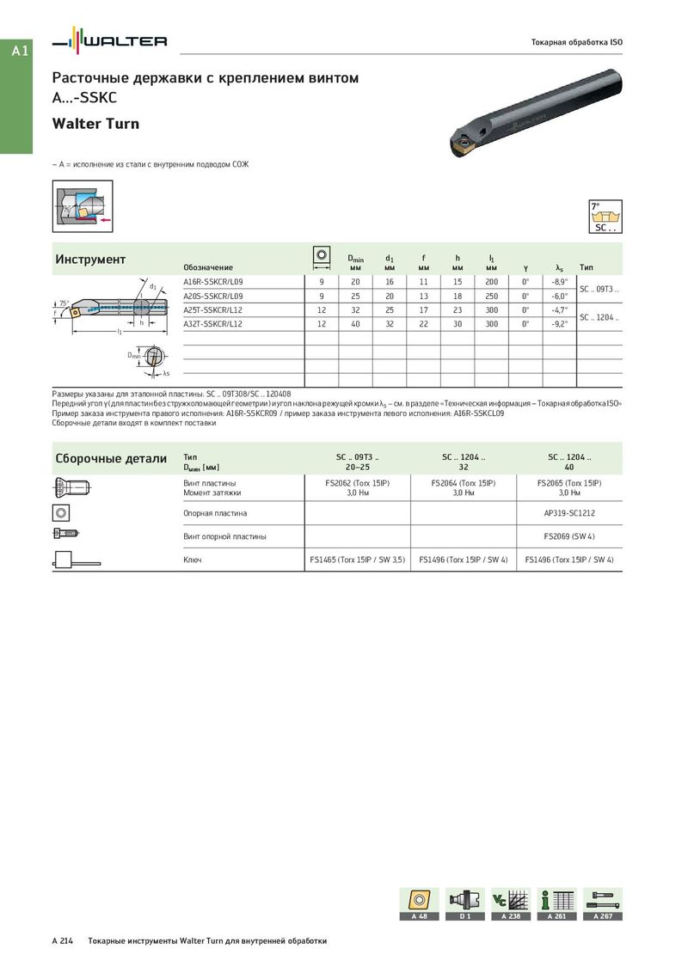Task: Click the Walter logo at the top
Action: [x=109, y=41]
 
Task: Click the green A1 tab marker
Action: [x=20, y=52]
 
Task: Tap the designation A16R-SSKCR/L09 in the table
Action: [x=213, y=282]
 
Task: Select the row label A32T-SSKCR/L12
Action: [x=213, y=324]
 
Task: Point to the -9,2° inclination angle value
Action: [x=559, y=324]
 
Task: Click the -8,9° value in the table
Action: [x=559, y=282]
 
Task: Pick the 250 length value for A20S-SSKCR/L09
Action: [x=491, y=296]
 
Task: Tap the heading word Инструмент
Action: [x=90, y=260]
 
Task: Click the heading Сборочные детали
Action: [x=111, y=458]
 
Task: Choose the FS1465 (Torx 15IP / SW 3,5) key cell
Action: [x=357, y=560]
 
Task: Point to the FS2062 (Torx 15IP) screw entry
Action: [x=357, y=483]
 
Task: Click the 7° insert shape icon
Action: [x=605, y=216]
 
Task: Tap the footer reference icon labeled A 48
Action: [x=419, y=903]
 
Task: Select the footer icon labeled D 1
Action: [x=465, y=903]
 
